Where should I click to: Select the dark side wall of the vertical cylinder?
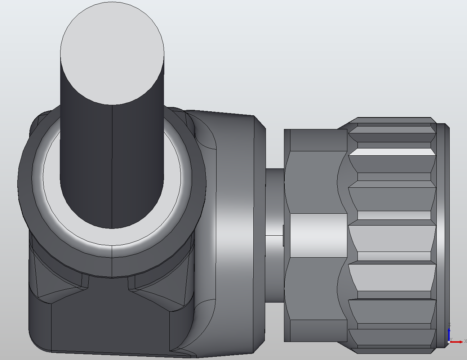coord(86,162)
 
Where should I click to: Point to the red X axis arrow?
coord(457,342)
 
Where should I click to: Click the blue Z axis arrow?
coord(449,333)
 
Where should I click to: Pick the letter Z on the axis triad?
coord(449,325)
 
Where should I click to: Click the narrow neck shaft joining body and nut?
coord(274,202)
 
